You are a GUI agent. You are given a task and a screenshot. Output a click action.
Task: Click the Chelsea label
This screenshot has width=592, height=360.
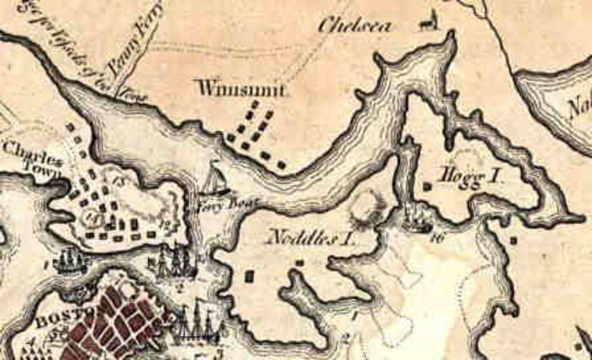[x=350, y=24]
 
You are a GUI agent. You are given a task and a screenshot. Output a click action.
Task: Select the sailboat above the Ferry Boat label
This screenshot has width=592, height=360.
[x=215, y=178]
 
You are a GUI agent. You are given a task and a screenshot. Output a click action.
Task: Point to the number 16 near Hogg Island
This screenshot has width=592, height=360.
[x=438, y=237]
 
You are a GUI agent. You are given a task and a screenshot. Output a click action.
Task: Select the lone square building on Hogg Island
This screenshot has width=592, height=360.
[x=427, y=186]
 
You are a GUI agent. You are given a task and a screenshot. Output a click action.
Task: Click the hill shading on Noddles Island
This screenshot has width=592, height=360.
[x=369, y=206]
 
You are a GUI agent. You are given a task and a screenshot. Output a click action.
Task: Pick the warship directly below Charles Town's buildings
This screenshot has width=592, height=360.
[x=68, y=262]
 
